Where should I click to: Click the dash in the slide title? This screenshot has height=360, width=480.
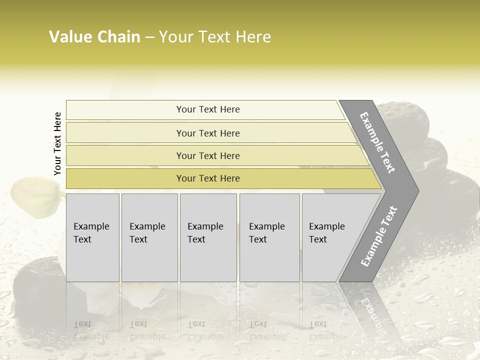tap(149, 37)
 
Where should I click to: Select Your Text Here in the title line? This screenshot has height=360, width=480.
tap(215, 37)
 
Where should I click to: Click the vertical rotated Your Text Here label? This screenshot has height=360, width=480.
tap(58, 143)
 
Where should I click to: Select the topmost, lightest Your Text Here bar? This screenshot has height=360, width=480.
tap(208, 109)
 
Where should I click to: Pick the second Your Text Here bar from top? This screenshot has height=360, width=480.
tap(208, 133)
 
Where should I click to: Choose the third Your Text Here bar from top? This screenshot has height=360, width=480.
tap(208, 155)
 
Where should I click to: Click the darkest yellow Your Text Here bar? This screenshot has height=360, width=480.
tap(208, 178)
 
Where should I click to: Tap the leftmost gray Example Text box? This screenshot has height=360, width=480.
tap(92, 237)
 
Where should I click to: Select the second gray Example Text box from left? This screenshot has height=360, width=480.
tap(149, 237)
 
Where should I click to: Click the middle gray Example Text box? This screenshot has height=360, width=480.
tap(208, 237)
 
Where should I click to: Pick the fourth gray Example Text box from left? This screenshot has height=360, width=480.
tap(269, 237)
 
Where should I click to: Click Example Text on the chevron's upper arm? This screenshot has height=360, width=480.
tap(377, 142)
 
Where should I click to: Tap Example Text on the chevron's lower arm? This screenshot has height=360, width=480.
tap(378, 236)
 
